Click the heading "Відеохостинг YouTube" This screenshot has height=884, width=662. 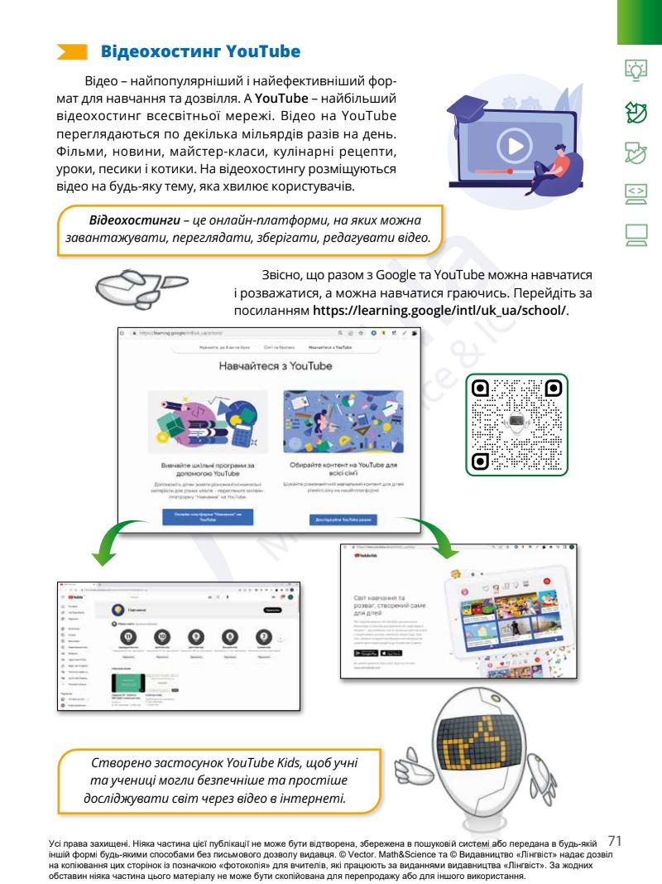tap(199, 52)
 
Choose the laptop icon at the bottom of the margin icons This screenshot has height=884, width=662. tap(637, 234)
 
